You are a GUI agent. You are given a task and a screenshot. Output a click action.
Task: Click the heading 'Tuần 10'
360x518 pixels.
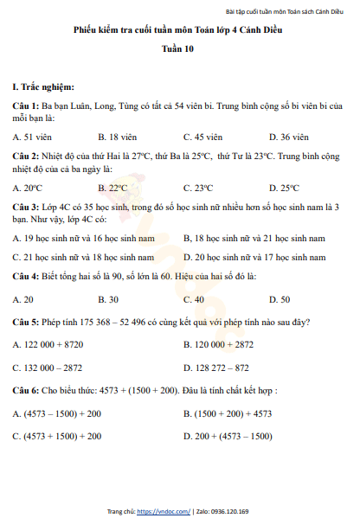(x=179, y=50)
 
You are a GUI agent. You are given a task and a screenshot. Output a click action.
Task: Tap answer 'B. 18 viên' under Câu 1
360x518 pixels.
(x=121, y=136)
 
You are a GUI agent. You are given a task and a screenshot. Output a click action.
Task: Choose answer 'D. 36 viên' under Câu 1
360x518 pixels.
(x=289, y=136)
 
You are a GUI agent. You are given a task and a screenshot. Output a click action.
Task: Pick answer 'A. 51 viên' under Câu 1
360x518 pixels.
(x=35, y=136)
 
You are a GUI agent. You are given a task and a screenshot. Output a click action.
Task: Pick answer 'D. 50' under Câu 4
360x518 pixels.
(x=280, y=299)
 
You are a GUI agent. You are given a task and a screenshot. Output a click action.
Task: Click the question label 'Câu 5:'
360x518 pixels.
(x=26, y=323)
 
